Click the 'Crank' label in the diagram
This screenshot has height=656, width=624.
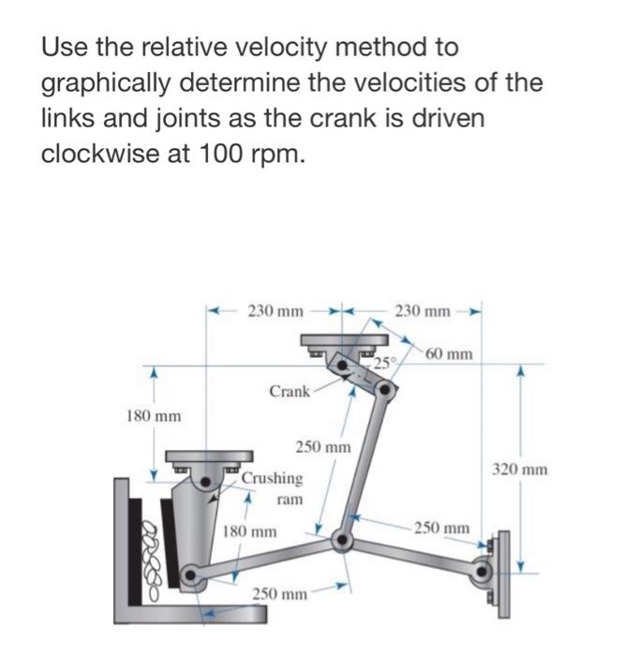pyautogui.click(x=289, y=391)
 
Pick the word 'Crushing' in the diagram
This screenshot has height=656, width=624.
pyautogui.click(x=272, y=478)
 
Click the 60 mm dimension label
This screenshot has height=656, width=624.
pyautogui.click(x=450, y=354)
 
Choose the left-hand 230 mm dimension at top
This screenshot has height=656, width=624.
pyautogui.click(x=275, y=309)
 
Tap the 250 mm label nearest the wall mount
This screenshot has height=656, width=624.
pyautogui.click(x=443, y=529)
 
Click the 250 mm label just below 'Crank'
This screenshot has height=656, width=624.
pyautogui.click(x=323, y=447)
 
